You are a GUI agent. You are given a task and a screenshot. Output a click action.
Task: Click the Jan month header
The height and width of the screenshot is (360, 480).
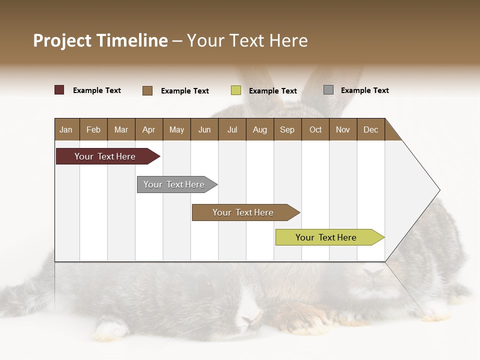coord(66,129)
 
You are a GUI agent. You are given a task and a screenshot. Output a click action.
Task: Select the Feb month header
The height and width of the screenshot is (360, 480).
coord(93,129)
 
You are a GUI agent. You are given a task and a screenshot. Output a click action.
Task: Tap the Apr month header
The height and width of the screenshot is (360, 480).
coord(148,129)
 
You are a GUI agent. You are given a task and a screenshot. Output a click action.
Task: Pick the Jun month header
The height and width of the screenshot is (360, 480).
coord(204,129)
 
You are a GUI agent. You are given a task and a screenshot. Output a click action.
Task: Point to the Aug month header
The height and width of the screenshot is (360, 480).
coord(259,129)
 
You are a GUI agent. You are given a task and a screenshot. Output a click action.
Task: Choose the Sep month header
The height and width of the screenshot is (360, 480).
coord(287,129)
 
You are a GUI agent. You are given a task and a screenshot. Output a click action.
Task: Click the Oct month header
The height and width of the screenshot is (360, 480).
coord(315,129)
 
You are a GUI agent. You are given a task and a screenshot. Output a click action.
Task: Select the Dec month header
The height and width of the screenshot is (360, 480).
coord(370,129)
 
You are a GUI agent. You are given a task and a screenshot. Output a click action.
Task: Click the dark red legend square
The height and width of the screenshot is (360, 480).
coord(59,90)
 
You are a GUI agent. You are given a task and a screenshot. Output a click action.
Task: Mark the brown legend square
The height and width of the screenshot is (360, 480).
coord(147,90)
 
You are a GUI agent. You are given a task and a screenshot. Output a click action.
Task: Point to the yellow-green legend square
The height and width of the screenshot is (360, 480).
coord(236,90)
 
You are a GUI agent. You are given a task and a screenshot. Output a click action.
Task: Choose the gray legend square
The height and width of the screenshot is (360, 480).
coord(328,90)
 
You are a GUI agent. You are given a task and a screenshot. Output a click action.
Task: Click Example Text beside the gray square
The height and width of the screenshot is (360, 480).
coord(364,90)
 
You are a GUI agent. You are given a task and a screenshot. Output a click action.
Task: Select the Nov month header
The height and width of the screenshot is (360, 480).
coord(343,129)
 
